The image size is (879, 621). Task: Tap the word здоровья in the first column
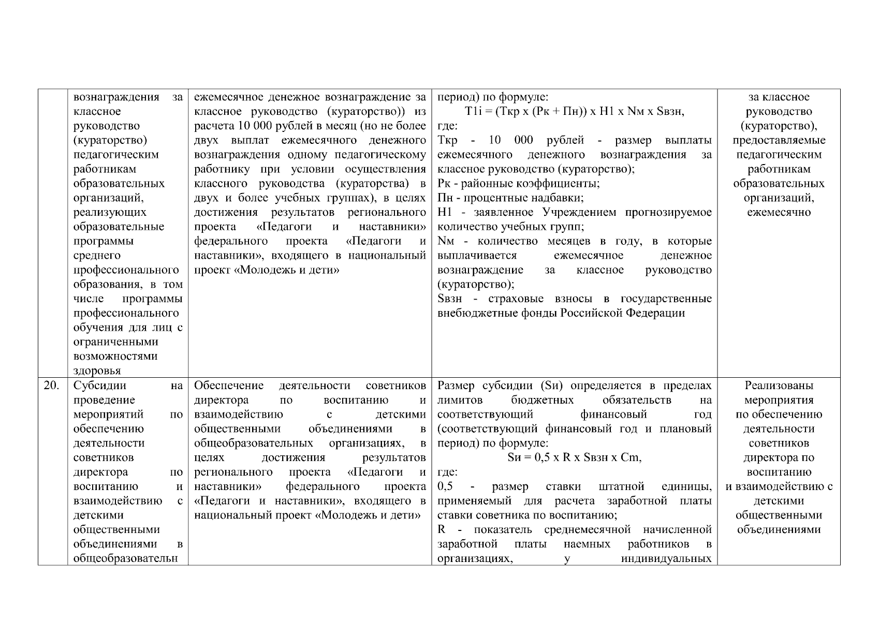[98, 371]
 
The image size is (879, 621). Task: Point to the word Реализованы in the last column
[779, 386]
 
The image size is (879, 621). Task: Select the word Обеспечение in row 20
[229, 386]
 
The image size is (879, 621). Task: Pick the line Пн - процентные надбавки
[510, 198]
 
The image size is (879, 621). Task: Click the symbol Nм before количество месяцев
[446, 241]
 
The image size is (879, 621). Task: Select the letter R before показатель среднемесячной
[442, 529]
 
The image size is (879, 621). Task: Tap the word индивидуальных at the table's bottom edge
[666, 558]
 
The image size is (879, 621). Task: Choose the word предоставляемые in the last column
[779, 140]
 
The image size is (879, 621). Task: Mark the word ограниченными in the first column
[115, 342]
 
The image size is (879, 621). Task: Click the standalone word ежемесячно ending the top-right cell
[779, 213]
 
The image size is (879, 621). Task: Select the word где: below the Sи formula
[447, 472]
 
